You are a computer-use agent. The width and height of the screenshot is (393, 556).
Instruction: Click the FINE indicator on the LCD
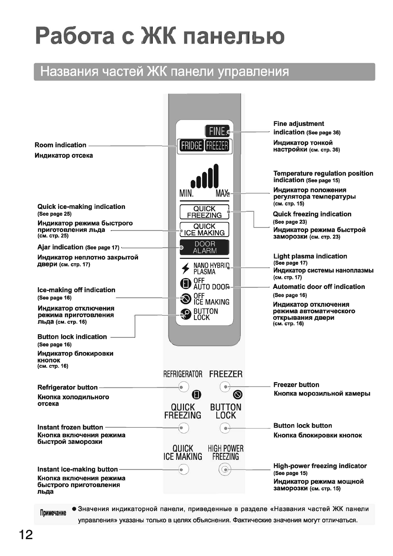(x=217, y=131)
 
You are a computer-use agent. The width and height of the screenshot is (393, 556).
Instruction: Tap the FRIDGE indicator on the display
(x=191, y=146)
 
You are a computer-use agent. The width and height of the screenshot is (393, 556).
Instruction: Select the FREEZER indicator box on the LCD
(x=217, y=146)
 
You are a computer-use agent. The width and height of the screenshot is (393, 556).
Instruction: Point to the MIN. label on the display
(x=187, y=193)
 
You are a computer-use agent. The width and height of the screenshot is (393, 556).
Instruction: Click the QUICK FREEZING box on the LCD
(x=204, y=212)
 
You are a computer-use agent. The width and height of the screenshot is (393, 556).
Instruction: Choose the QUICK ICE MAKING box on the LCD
(x=204, y=229)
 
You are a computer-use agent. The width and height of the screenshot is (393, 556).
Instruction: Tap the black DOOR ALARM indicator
(x=204, y=247)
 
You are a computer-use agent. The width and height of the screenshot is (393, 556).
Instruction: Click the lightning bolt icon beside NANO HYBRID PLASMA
(x=186, y=268)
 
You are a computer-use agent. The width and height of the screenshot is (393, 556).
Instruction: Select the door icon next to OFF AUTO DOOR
(x=186, y=284)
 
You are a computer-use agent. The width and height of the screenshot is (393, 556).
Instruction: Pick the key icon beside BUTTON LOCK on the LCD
(x=186, y=314)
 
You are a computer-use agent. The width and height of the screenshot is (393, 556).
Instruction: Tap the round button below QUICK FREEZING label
(x=183, y=428)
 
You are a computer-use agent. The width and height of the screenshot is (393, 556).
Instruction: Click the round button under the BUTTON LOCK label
(x=225, y=428)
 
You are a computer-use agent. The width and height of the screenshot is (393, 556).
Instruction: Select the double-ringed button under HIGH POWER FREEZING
(x=225, y=469)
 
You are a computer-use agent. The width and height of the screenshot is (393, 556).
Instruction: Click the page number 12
(x=26, y=534)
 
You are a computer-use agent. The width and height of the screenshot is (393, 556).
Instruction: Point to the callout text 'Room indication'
(x=60, y=145)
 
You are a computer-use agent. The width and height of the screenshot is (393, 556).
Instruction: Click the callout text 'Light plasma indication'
(x=310, y=256)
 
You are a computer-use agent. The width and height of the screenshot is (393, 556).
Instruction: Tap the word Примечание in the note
(x=53, y=513)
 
